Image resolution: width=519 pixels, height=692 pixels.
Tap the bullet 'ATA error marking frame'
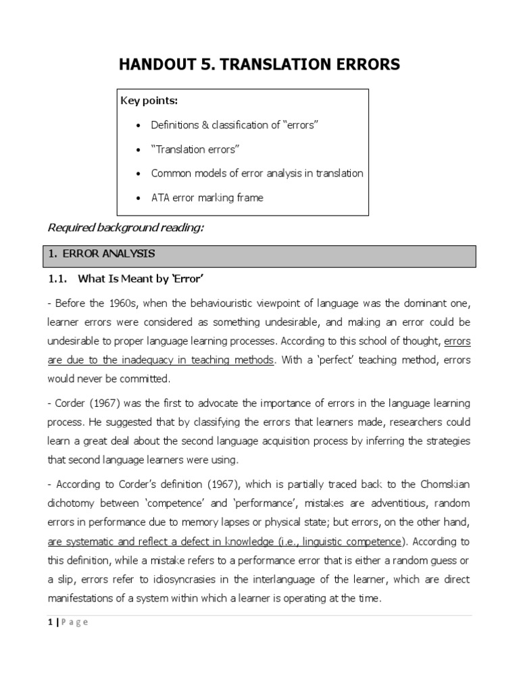pos(207,198)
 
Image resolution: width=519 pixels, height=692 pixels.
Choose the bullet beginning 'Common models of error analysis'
pos(257,174)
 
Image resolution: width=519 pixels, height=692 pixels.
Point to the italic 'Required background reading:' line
pos(125,228)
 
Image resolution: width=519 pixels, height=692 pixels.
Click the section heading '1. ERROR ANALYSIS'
pos(102,254)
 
